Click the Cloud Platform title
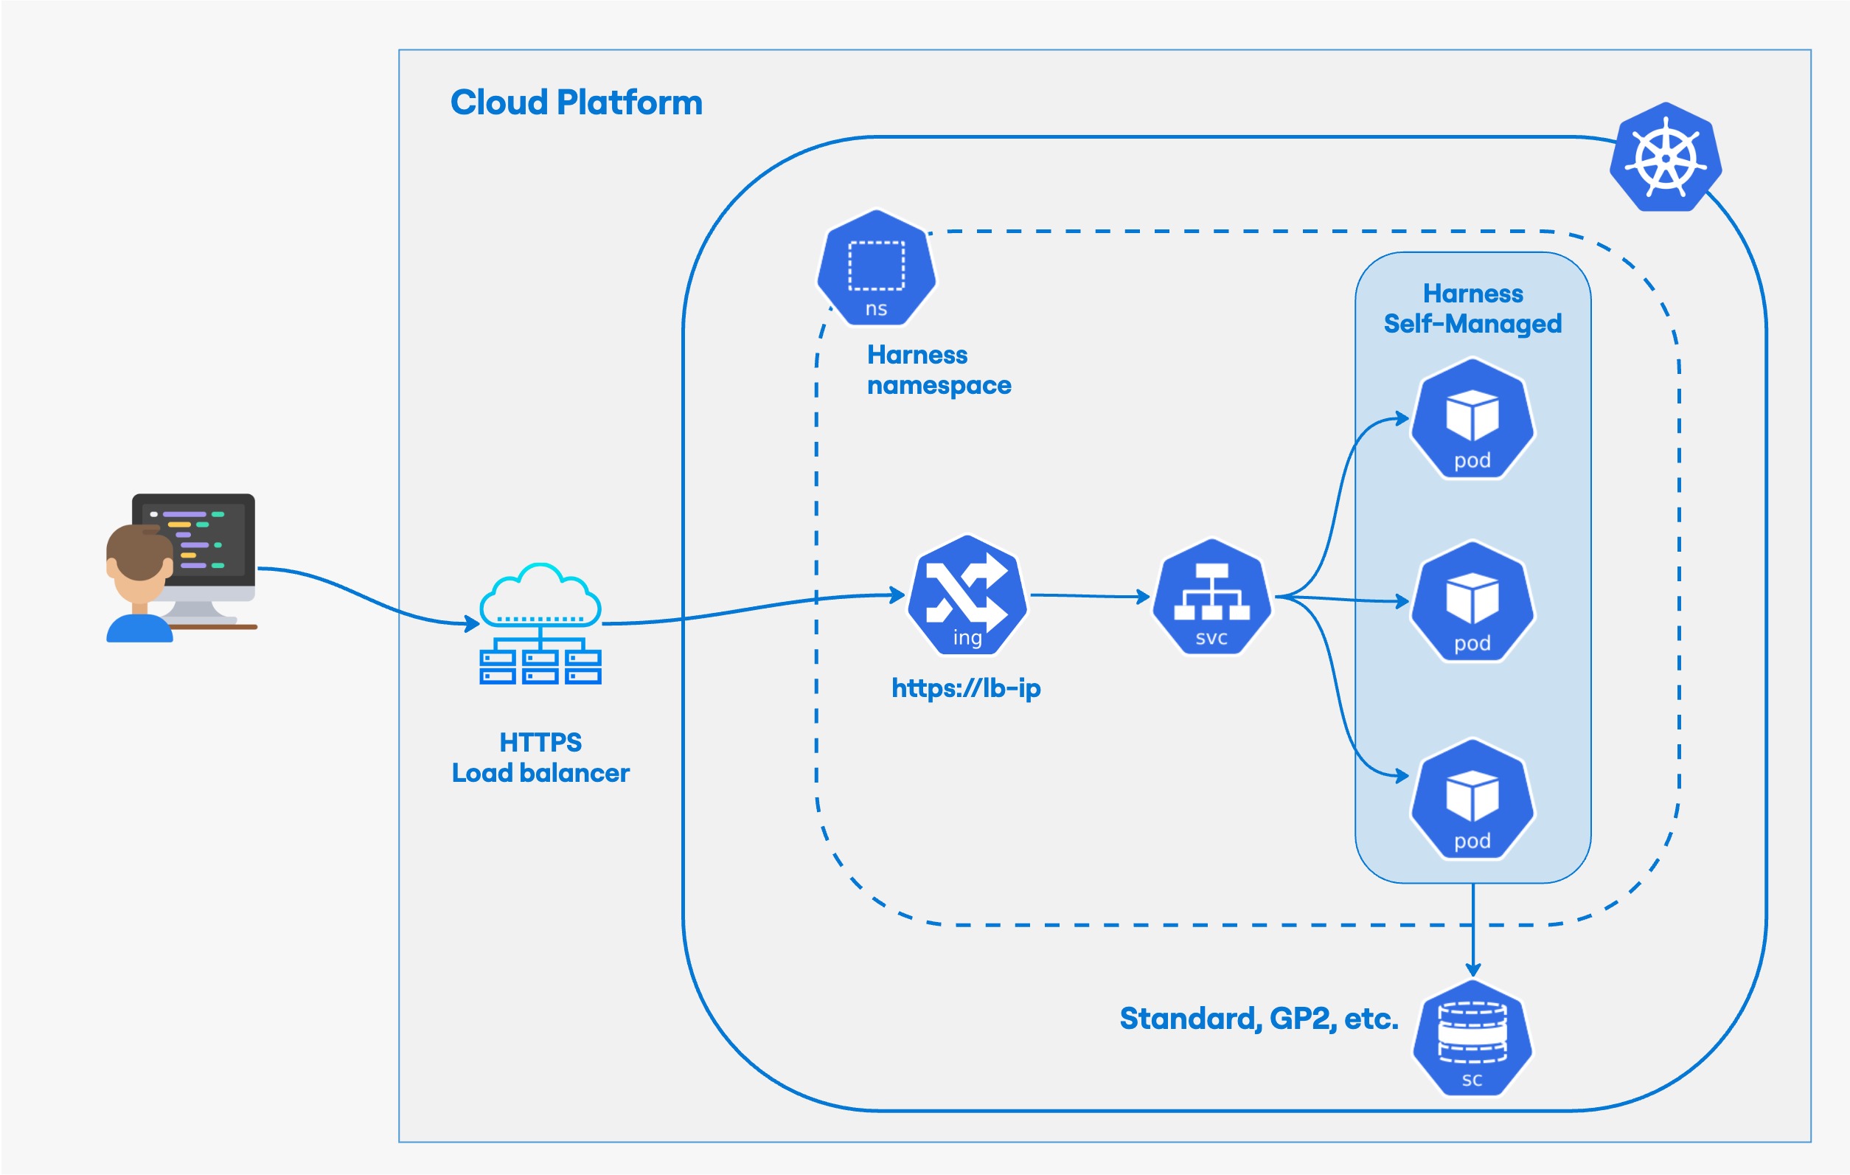pos(576,103)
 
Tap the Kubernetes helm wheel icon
pos(1665,159)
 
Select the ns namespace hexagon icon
pos(876,268)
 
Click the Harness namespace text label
pos(938,370)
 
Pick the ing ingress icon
pos(967,596)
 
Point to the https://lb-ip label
pos(966,687)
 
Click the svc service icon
pos(1211,597)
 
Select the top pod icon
pos(1472,419)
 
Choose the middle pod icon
pos(1472,602)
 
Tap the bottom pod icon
pos(1472,800)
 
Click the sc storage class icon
pos(1472,1039)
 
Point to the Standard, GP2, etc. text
pos(1259,1019)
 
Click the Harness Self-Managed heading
pos(1472,309)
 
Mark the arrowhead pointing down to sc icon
pos(1472,970)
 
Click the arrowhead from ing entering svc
pos(1144,596)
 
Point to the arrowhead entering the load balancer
pos(473,624)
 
